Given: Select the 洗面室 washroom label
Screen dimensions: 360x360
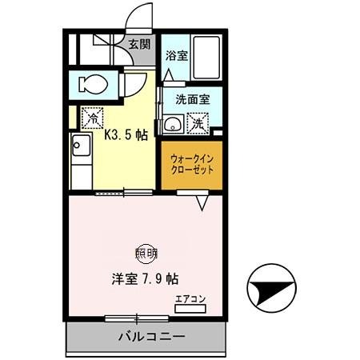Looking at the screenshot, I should point(193,101).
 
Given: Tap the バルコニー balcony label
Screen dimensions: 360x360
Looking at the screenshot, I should point(145,335).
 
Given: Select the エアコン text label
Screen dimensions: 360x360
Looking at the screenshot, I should point(190,299).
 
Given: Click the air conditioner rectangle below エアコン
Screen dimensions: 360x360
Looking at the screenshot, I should point(191,309).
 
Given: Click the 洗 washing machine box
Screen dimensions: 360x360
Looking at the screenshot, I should point(197,124).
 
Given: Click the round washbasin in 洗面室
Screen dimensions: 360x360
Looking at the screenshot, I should point(170,125).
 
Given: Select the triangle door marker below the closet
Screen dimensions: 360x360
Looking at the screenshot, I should point(202,203).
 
